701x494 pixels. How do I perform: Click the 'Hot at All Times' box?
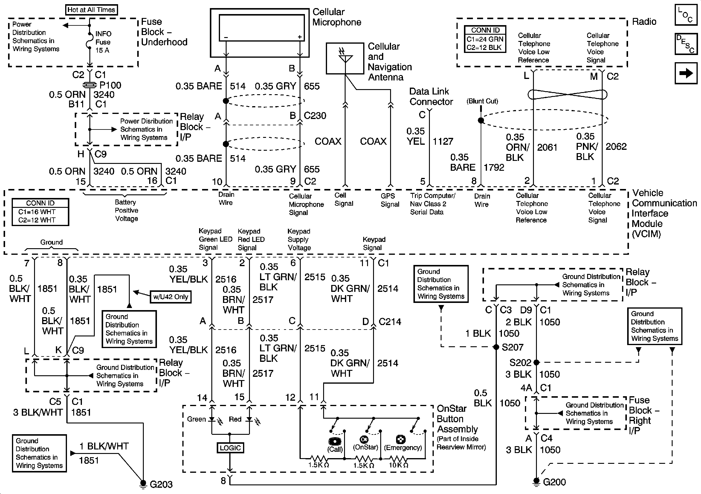point(91,10)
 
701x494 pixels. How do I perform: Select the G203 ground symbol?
point(143,483)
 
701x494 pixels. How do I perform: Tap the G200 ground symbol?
point(536,481)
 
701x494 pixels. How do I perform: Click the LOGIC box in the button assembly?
point(230,448)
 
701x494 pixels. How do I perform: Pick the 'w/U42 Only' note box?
point(171,297)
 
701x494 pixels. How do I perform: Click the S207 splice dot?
point(497,347)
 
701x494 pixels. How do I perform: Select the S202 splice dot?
point(536,362)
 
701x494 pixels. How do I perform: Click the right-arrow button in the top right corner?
point(686,73)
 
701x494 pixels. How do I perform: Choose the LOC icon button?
point(686,15)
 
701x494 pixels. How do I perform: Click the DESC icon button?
point(686,44)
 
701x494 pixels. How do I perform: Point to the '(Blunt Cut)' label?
point(482,101)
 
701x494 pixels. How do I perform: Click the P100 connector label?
point(110,85)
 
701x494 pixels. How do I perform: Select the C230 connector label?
point(315,116)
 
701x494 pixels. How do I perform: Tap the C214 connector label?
point(390,322)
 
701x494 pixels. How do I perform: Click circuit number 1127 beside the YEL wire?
point(443,141)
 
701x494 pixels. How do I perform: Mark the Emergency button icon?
point(401,440)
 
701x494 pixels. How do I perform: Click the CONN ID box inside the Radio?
point(485,39)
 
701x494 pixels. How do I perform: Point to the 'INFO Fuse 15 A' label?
point(103,42)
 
